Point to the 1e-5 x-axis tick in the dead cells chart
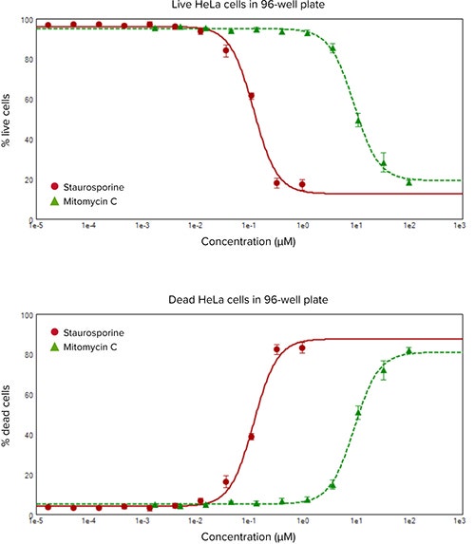pos(35,525)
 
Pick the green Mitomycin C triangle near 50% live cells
pos(358,121)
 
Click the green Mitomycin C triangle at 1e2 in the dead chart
pos(409,351)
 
